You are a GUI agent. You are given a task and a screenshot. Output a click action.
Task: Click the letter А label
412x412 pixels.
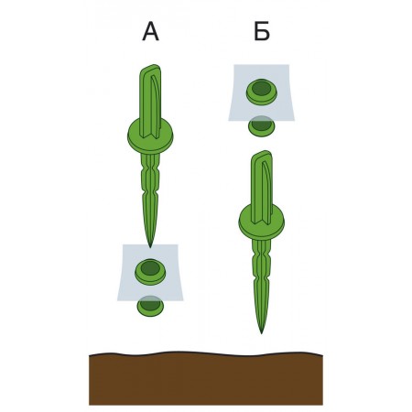pos(150,32)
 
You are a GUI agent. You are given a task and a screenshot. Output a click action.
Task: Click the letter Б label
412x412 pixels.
pos(262,31)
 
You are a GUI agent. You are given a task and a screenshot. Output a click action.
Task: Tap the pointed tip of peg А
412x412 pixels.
pos(150,247)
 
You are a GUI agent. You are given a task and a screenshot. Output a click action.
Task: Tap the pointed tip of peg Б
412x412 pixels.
pos(261,333)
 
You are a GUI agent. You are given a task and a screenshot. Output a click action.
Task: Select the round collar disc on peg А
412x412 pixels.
pos(150,136)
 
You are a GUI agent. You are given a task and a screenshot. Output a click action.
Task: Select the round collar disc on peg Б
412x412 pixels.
pos(262,222)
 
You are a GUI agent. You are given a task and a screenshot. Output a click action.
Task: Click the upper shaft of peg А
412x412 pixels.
pos(150,101)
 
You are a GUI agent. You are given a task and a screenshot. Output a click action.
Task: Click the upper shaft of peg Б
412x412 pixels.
pos(262,187)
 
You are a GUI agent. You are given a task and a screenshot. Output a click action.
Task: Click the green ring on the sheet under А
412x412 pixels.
pos(150,272)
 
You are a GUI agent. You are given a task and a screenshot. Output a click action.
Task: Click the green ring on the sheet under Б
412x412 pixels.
pos(262,92)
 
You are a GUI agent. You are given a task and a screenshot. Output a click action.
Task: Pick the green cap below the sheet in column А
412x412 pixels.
pos(150,307)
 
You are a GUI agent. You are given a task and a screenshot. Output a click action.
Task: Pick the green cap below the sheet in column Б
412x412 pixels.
pos(262,126)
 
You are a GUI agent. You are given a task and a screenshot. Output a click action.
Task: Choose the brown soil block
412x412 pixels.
pos(206,378)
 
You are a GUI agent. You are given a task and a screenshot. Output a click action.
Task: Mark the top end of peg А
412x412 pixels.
pos(151,67)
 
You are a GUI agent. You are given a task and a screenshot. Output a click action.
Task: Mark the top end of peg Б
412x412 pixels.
pos(262,153)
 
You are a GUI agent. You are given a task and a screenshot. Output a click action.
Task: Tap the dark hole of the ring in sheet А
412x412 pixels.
pos(150,268)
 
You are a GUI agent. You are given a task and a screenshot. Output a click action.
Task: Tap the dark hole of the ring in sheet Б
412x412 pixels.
pos(262,88)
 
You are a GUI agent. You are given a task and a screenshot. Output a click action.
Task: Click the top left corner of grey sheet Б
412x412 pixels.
pos(234,65)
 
